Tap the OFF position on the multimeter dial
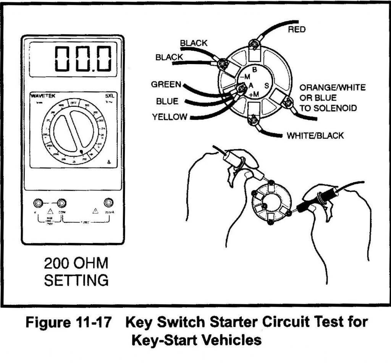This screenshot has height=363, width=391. point(74,102)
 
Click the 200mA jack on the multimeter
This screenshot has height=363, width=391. point(109,202)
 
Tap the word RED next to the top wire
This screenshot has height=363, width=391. point(297,29)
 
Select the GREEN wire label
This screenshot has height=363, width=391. point(166,84)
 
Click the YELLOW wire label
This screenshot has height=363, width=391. point(170,117)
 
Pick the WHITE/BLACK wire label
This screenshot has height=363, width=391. point(315,135)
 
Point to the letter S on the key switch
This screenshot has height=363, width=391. point(267,86)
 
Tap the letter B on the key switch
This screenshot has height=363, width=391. point(254,70)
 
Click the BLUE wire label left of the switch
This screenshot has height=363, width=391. point(167,101)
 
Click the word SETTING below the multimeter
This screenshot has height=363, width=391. point(76,280)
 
